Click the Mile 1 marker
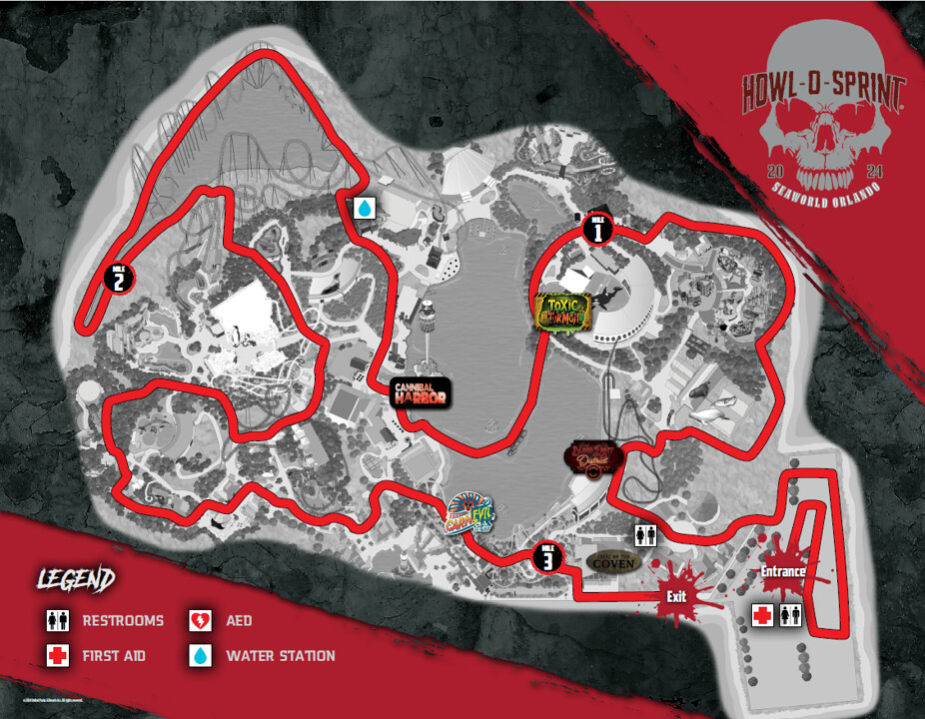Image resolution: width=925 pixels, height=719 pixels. [x=596, y=231]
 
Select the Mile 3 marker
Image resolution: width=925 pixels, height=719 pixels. [x=546, y=557]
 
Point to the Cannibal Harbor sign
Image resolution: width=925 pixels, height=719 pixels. [x=420, y=392]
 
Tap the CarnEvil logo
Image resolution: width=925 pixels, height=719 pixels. [x=470, y=513]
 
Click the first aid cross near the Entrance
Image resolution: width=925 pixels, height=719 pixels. [x=763, y=614]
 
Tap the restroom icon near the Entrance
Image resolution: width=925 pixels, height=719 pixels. [x=790, y=614]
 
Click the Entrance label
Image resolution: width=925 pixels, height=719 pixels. [x=783, y=571]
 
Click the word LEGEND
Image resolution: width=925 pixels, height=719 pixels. [x=76, y=579]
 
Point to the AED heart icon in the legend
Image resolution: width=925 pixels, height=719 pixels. [x=201, y=621]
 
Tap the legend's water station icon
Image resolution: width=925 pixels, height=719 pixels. [x=201, y=656]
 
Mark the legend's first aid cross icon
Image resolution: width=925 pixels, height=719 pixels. [x=57, y=656]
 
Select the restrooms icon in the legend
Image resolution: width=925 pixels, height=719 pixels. [x=57, y=621]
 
